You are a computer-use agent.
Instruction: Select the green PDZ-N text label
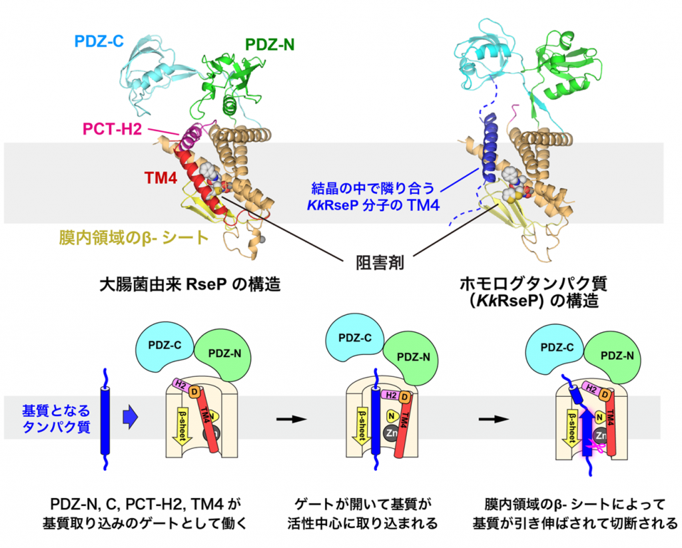[269, 45]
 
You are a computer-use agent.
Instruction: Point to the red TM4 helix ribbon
[200, 180]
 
